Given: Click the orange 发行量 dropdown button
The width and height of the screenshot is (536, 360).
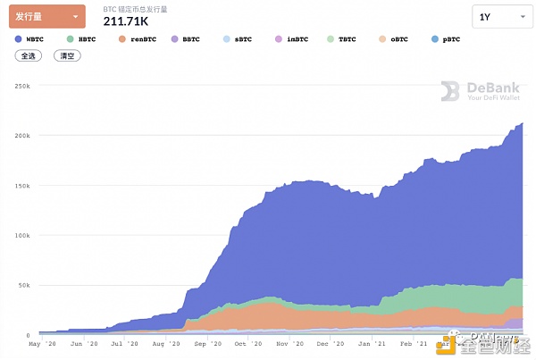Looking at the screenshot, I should point(46,17).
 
